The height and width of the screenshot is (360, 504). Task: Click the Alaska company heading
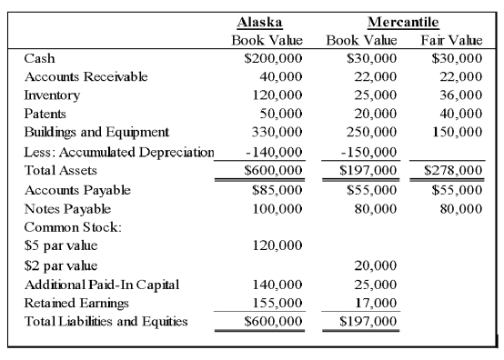click(258, 22)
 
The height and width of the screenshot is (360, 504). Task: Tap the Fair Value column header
click(451, 41)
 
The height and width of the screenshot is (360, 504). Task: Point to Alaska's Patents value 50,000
click(280, 114)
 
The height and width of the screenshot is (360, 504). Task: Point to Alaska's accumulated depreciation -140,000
click(274, 151)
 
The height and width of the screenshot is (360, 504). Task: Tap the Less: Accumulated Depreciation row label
click(118, 151)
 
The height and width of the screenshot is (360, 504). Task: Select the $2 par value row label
click(60, 265)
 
